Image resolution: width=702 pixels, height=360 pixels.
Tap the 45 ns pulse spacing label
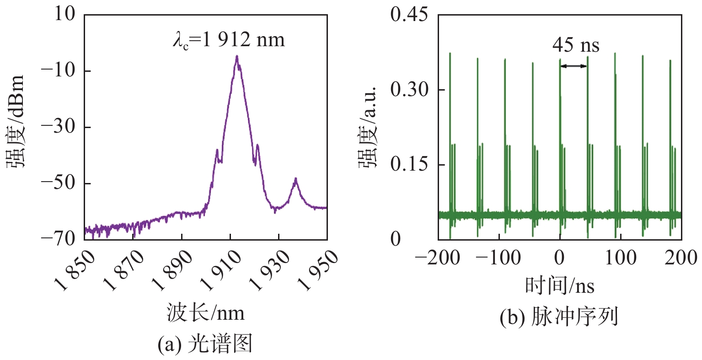(x=575, y=45)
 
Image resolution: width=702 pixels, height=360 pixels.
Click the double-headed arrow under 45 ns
(x=573, y=66)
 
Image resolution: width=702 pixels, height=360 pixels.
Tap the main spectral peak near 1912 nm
(x=237, y=57)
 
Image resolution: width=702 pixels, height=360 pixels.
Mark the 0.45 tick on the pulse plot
(x=409, y=15)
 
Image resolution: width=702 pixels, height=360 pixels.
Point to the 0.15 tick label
(x=409, y=165)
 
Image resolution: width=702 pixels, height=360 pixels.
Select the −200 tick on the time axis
(x=438, y=258)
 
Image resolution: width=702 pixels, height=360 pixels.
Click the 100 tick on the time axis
(x=621, y=258)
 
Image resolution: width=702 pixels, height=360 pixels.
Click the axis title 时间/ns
(x=559, y=286)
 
